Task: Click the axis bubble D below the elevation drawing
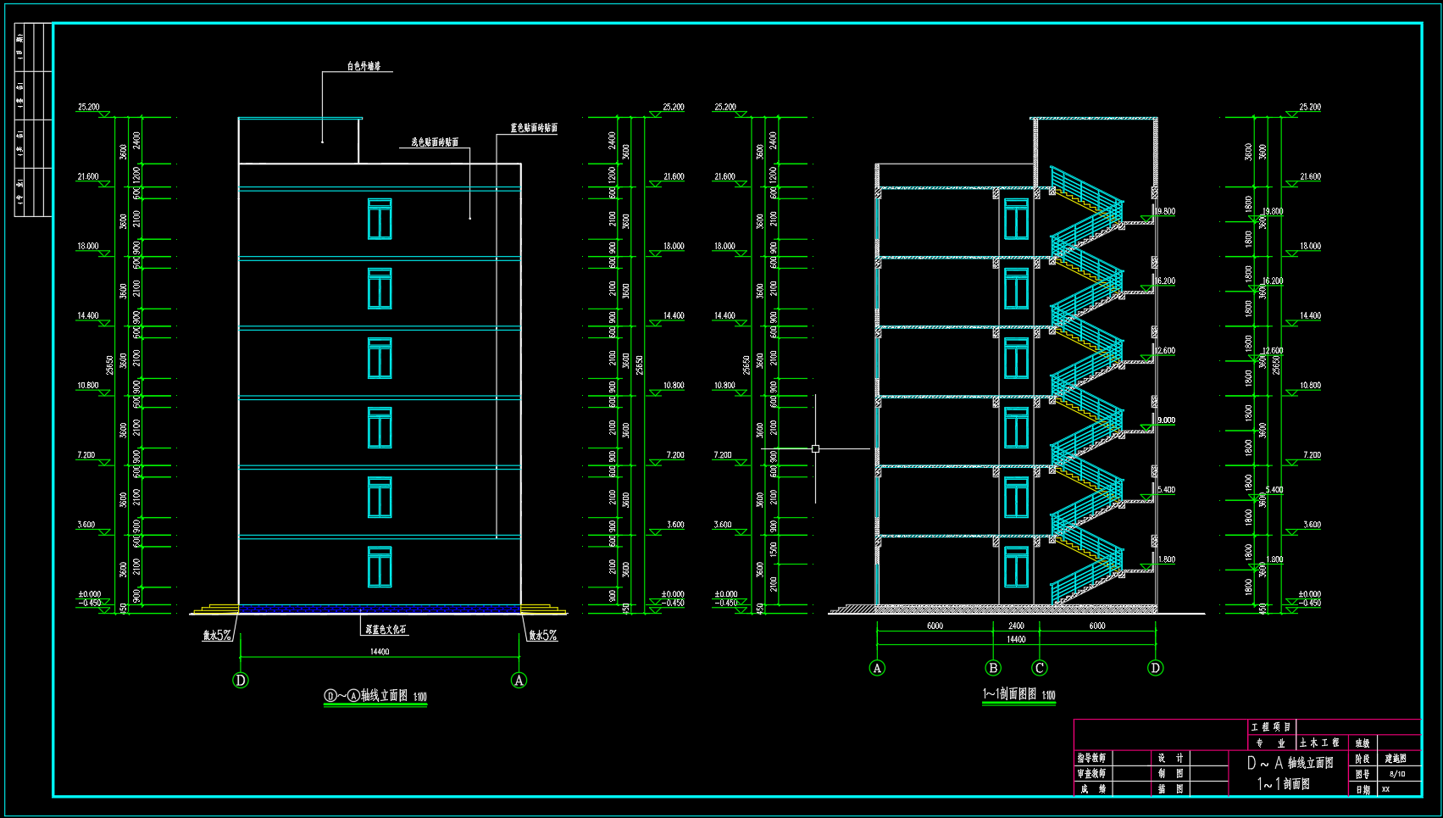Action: click(241, 681)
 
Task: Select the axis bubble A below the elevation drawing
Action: click(519, 681)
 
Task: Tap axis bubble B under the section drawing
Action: click(993, 668)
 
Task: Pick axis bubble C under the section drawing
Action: click(1040, 668)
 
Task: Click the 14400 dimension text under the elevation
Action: click(380, 652)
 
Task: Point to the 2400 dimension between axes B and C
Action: click(1016, 626)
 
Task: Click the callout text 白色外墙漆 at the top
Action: click(364, 66)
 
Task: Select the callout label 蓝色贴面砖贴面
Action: click(534, 129)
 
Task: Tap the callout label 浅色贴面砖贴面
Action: click(435, 142)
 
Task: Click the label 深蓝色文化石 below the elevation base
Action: click(386, 630)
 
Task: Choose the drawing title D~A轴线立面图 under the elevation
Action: click(375, 697)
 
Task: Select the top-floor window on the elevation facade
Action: click(380, 219)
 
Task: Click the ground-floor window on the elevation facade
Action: click(380, 567)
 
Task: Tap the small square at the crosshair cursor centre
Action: click(815, 448)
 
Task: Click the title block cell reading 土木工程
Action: click(1319, 743)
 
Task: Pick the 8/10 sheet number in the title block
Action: click(1397, 774)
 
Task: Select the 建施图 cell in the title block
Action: click(1396, 759)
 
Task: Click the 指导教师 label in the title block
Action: click(1091, 759)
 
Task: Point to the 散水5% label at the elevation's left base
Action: click(217, 635)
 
